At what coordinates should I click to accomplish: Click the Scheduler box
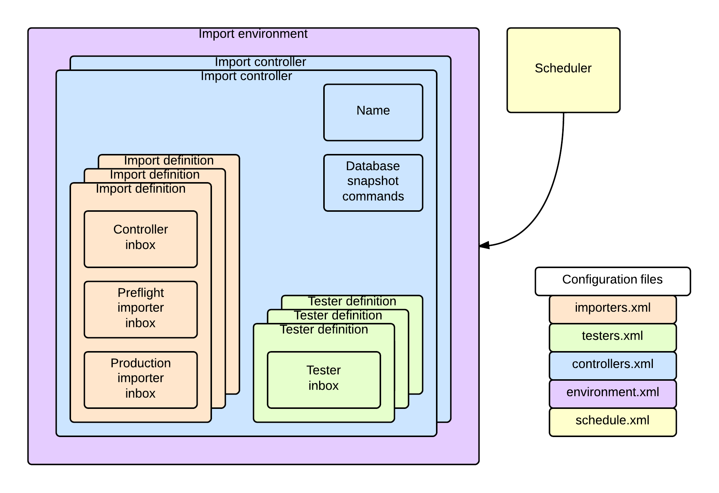click(x=563, y=70)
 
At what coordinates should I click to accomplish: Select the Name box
click(x=373, y=112)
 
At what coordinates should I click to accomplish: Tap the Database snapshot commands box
click(x=373, y=182)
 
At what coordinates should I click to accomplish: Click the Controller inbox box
click(x=141, y=239)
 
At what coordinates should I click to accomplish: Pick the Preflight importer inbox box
click(x=141, y=309)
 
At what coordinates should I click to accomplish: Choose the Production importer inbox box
click(x=141, y=380)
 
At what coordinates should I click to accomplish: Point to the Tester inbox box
click(x=324, y=380)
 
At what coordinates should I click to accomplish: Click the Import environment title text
click(x=253, y=34)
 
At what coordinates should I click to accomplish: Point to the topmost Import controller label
click(x=260, y=62)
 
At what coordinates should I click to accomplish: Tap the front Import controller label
click(x=246, y=76)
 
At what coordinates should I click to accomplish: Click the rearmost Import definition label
click(x=169, y=161)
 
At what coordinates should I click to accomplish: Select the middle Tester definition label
click(x=338, y=316)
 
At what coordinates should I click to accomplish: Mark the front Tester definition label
click(x=324, y=330)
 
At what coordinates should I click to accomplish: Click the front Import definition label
click(x=141, y=189)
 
